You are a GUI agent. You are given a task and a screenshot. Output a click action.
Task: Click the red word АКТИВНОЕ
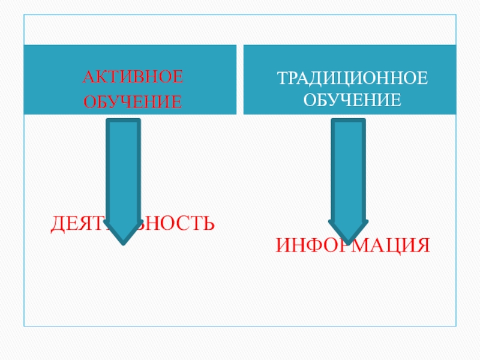(132, 77)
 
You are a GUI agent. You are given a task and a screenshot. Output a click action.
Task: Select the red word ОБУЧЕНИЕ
(132, 103)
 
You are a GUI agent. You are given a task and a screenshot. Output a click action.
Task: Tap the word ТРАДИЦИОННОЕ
(352, 77)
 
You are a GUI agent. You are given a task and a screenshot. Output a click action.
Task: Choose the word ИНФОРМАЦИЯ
(353, 245)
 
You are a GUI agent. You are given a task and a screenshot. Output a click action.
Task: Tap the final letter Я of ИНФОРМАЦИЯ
(422, 245)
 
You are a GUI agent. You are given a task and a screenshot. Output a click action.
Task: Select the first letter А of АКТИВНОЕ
(88, 77)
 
